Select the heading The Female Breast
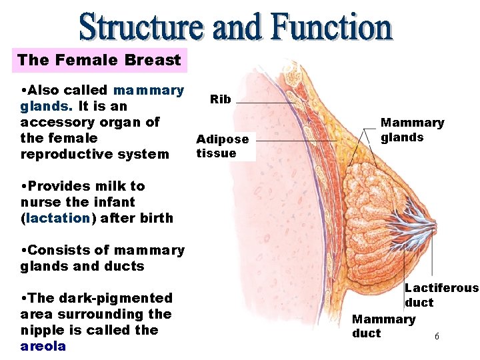[99, 60]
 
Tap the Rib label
[221, 99]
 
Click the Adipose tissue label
[222, 146]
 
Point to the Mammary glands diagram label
[411, 130]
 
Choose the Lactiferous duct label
[441, 295]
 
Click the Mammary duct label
[383, 326]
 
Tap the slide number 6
[437, 337]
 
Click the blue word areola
[43, 346]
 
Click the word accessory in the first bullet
[53, 122]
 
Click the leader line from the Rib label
[267, 103]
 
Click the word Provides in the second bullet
[57, 186]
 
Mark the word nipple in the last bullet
[41, 330]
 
